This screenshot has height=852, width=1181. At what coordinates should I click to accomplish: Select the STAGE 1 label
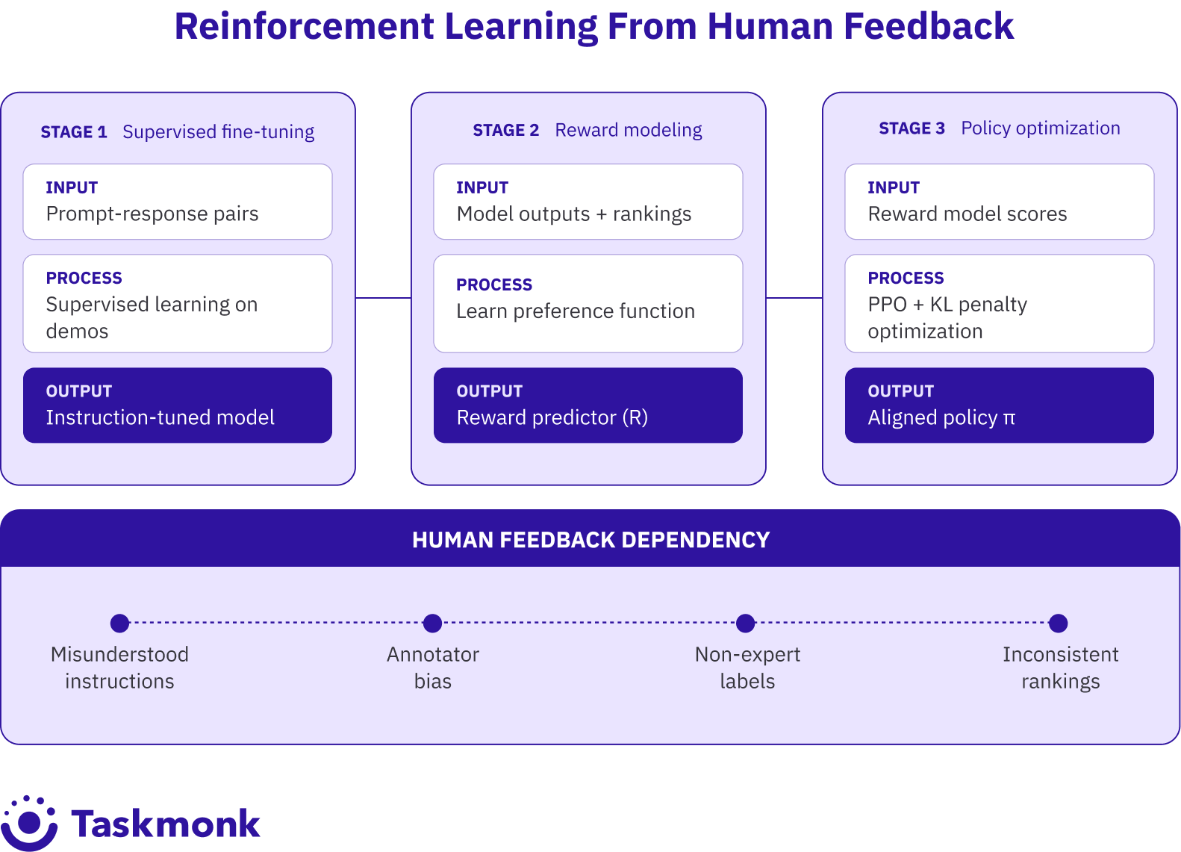pyautogui.click(x=74, y=132)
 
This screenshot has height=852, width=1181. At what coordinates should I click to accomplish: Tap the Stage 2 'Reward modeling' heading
pyautogui.click(x=628, y=130)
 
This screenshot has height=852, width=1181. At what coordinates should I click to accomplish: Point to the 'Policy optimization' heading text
pyautogui.click(x=1040, y=128)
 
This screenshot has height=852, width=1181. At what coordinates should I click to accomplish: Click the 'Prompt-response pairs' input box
pyautogui.click(x=178, y=202)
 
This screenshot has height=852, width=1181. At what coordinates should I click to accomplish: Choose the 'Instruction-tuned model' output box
pyautogui.click(x=178, y=405)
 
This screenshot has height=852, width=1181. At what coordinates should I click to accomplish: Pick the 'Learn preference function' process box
pyautogui.click(x=588, y=303)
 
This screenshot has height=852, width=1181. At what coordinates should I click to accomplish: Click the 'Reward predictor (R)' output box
pyautogui.click(x=588, y=405)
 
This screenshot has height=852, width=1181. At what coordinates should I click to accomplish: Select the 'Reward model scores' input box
pyautogui.click(x=999, y=202)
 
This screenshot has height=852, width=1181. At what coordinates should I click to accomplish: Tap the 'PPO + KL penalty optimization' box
pyautogui.click(x=999, y=303)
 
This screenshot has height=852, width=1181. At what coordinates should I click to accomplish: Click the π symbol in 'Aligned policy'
pyautogui.click(x=1009, y=418)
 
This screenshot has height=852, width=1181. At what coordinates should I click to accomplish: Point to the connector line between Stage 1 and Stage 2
pyautogui.click(x=383, y=298)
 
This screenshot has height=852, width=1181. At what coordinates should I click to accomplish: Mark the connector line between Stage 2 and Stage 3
pyautogui.click(x=794, y=298)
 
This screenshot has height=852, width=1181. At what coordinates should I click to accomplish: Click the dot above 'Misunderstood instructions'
pyautogui.click(x=119, y=623)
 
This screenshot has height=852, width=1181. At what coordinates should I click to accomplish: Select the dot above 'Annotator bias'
pyautogui.click(x=432, y=623)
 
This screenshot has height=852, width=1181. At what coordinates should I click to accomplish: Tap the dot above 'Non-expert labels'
pyautogui.click(x=745, y=623)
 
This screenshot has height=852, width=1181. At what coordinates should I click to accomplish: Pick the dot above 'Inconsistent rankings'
pyautogui.click(x=1058, y=623)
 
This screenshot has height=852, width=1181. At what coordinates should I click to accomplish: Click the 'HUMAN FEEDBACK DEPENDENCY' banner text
pyautogui.click(x=590, y=540)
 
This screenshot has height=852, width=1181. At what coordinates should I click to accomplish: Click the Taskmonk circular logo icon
pyautogui.click(x=30, y=822)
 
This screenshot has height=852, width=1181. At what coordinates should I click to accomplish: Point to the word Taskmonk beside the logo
pyautogui.click(x=166, y=824)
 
